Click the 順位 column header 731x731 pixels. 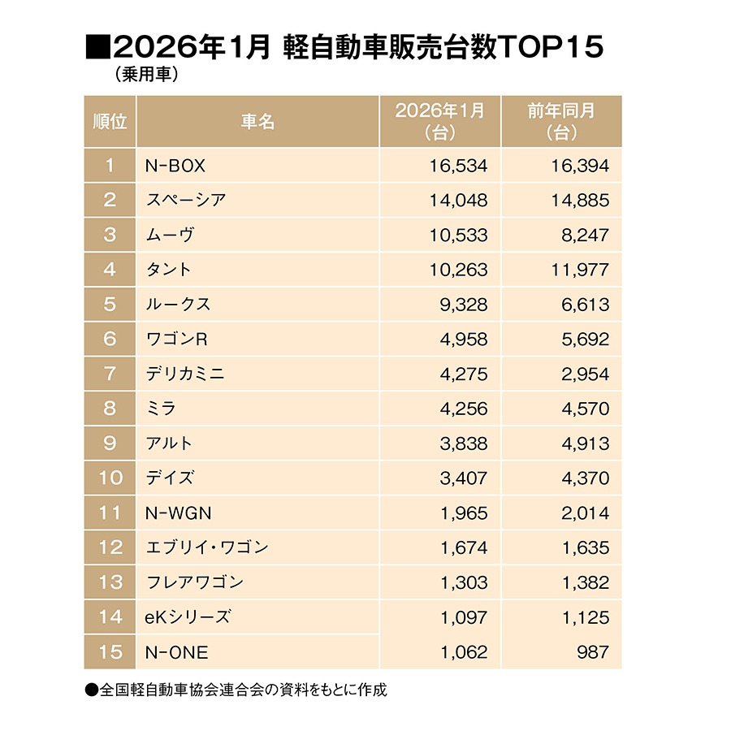coord(110,122)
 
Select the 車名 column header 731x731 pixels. coord(257,122)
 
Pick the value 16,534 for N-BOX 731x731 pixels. coord(458,166)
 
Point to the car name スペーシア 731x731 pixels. coord(187,200)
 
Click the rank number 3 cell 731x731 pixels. coord(110,235)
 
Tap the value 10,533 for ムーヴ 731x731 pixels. coord(458,235)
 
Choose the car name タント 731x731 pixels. coord(170,270)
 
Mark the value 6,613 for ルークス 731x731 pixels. coord(584,305)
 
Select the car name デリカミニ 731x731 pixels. coord(186,374)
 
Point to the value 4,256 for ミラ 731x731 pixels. coord(463,409)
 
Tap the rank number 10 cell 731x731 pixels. coord(110,478)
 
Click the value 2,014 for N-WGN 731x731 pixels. coord(584,513)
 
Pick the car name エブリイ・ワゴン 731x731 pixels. coord(207,547)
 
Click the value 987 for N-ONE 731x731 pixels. coord(591,651)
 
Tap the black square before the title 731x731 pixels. coord(97,47)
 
